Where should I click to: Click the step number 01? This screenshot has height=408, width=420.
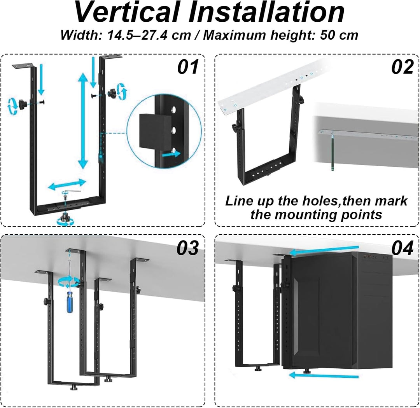point(188,67)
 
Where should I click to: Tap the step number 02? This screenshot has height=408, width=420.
point(402,67)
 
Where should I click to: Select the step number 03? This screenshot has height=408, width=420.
point(187,248)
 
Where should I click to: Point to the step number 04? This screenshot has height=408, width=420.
point(402,248)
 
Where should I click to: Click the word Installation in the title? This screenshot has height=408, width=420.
point(266,12)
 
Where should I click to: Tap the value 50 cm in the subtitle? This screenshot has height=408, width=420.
point(339,35)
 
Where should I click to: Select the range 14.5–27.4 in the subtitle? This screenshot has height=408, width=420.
point(149,35)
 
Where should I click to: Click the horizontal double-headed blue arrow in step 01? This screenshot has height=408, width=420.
point(67,184)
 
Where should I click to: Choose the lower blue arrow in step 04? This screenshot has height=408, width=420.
point(324,375)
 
